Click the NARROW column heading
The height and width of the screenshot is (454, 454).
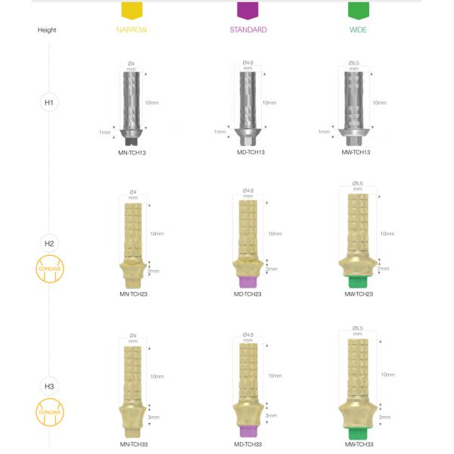[x=132, y=30]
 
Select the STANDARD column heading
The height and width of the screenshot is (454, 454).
[x=248, y=30]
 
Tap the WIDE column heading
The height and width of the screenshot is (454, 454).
[x=358, y=30]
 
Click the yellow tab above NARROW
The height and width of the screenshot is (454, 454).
[x=132, y=10]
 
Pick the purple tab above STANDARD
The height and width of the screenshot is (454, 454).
[x=247, y=10]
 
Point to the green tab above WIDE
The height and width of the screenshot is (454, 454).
[x=358, y=10]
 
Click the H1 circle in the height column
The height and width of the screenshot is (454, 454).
[x=49, y=101]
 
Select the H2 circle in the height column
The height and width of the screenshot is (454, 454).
[x=49, y=244]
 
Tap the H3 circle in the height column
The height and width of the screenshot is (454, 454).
[x=49, y=386]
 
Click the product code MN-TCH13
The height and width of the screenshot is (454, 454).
[x=133, y=152]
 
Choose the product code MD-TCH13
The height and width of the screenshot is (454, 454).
[x=249, y=152]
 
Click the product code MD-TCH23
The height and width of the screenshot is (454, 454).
[x=249, y=294]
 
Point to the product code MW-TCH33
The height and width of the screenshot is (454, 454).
[x=359, y=444]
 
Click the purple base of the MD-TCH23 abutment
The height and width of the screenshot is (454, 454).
[x=249, y=281]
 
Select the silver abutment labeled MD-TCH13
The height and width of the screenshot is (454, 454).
[x=248, y=106]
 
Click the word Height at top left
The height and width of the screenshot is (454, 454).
[x=47, y=30]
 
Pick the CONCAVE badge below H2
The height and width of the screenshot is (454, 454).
[x=49, y=270]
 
